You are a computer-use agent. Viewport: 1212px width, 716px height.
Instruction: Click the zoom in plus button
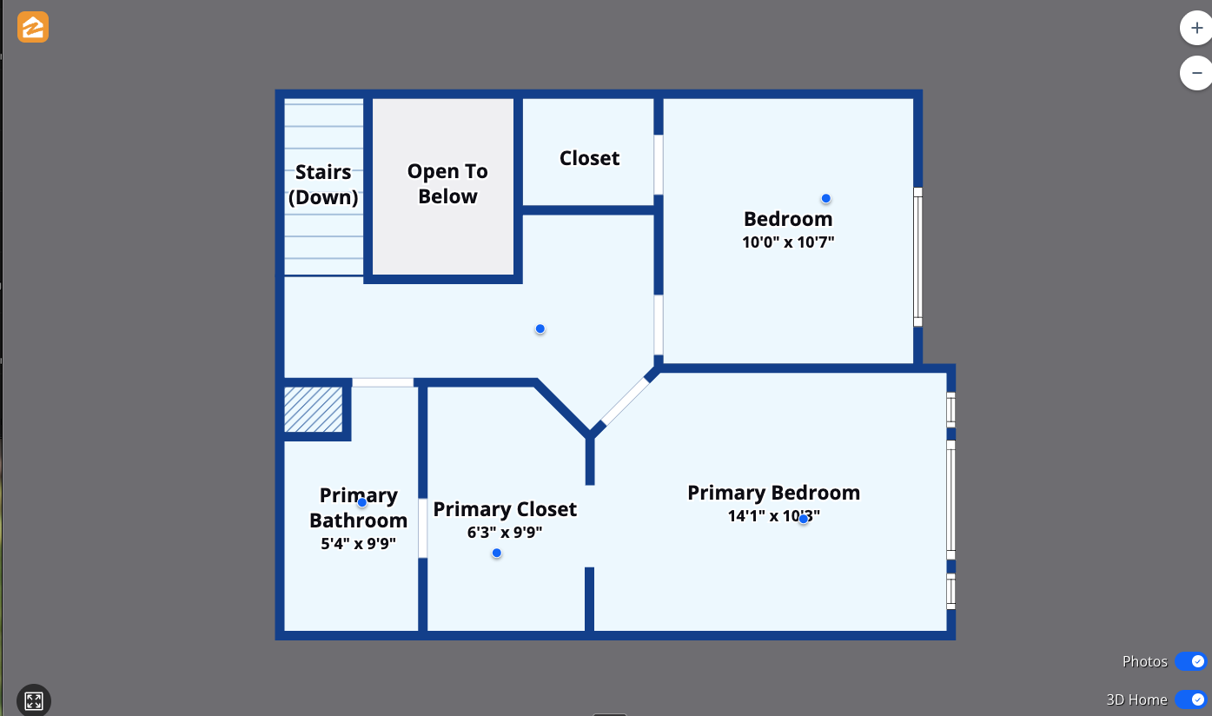(1196, 28)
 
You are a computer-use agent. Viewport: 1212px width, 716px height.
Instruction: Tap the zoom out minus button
(1196, 73)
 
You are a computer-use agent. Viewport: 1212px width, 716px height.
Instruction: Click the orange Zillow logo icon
(33, 28)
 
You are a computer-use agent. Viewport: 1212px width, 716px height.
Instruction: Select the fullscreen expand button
(34, 700)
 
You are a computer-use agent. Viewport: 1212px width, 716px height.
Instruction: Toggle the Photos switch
(1190, 661)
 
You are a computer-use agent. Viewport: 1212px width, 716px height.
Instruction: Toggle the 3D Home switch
(1190, 699)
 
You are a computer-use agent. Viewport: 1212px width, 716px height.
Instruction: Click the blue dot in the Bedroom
(825, 198)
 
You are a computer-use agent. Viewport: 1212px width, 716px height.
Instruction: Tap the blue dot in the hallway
(540, 328)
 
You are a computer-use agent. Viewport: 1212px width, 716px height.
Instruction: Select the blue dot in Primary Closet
(496, 553)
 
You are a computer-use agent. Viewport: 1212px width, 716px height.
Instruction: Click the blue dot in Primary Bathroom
(361, 502)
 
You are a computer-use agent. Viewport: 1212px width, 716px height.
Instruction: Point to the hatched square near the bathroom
(314, 409)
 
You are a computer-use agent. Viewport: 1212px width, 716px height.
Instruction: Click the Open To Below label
(447, 184)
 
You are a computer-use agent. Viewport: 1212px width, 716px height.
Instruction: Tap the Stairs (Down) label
(323, 184)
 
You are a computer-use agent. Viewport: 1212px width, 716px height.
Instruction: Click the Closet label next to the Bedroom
(589, 158)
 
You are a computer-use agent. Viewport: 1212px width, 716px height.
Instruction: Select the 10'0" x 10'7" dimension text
(787, 242)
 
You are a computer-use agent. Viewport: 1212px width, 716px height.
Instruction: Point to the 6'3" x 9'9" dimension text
(504, 532)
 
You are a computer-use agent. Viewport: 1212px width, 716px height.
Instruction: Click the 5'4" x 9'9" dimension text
(358, 544)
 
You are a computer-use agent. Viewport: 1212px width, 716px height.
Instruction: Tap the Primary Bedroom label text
(773, 493)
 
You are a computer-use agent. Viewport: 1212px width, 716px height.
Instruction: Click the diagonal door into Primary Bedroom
(625, 401)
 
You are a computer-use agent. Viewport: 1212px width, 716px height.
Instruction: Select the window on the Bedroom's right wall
(917, 256)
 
